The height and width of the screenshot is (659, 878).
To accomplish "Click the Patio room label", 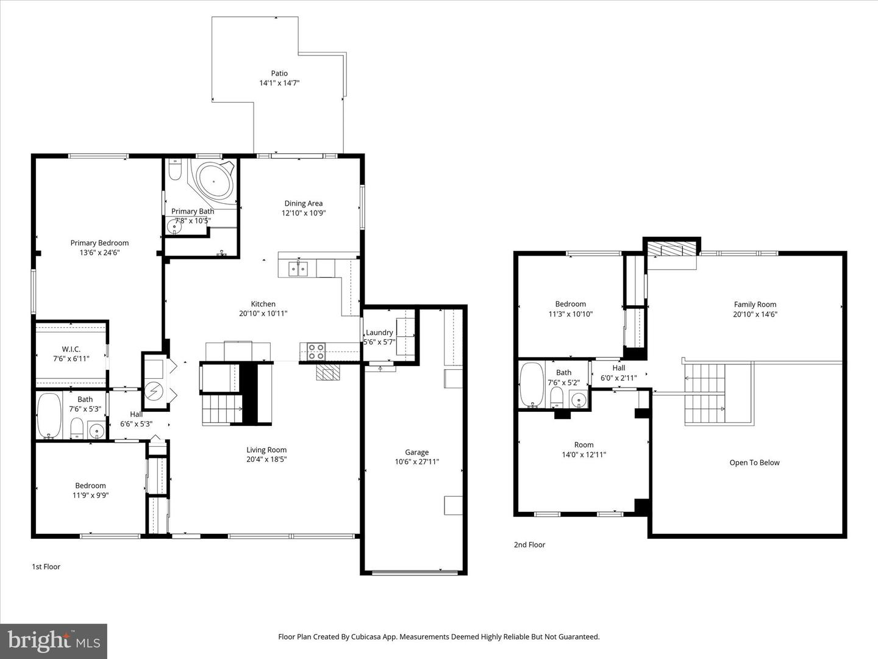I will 279,73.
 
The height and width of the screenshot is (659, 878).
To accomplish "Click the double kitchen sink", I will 298,268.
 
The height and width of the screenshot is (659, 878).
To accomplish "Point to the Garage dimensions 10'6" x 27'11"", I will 416,462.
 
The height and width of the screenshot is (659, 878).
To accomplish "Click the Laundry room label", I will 379,333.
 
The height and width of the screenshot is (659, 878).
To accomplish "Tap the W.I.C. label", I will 71,349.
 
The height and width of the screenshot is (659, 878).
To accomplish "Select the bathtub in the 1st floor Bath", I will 49,416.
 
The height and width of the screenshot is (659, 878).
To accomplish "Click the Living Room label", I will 266,450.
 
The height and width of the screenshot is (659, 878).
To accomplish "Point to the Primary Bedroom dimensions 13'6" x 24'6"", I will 99,252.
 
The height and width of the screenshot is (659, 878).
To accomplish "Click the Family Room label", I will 755,304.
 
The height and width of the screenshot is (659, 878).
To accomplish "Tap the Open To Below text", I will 754,463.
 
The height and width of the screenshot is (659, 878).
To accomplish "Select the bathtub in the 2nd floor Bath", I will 532,384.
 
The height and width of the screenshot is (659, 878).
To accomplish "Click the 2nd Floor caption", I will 529,545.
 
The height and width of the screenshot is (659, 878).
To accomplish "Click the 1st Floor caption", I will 46,566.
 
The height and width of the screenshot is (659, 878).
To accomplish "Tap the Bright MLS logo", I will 54,641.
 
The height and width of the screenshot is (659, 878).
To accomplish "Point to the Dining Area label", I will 303,203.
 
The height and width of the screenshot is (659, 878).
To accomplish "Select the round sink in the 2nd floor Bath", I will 579,400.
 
